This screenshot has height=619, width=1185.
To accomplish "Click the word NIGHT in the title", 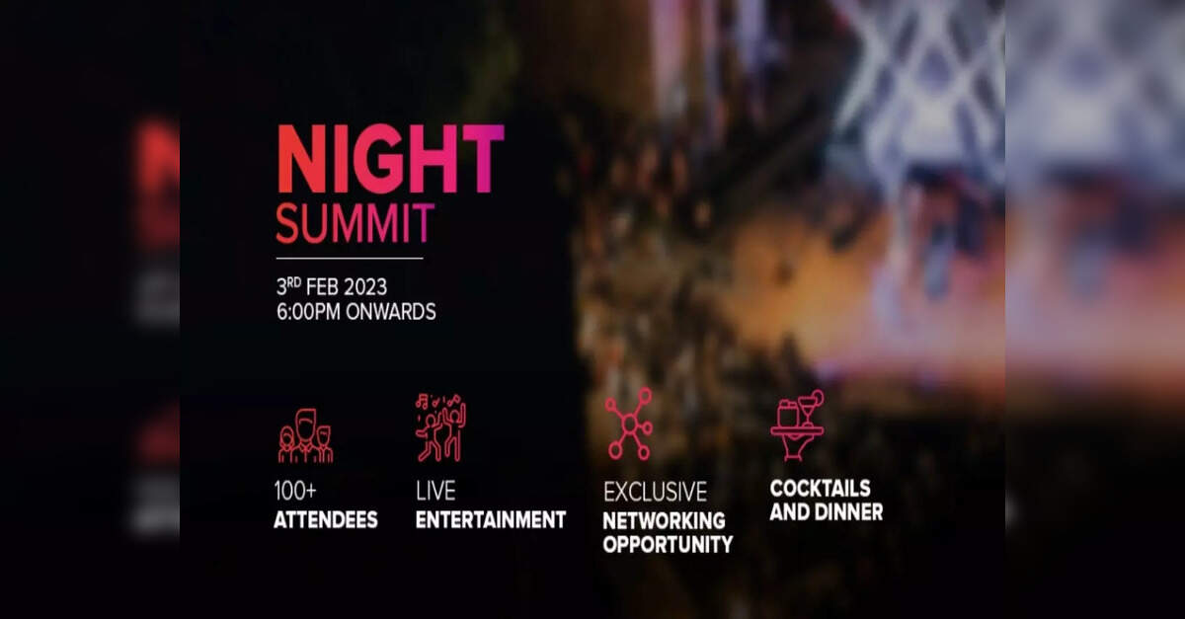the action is coord(390,159).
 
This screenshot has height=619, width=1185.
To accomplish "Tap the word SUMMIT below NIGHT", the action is coord(355,224).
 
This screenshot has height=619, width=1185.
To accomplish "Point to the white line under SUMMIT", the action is coord(350,259).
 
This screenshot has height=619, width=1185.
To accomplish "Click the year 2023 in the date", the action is coord(365,287).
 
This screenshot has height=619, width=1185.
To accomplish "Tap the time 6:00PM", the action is coord(308,312).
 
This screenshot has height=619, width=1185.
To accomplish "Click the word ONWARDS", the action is coord(391,312).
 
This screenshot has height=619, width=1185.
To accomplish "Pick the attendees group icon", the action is coord(305,436).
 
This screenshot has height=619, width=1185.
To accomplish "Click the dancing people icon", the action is coord(440,427).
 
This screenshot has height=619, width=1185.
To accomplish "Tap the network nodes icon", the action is coord(629,424).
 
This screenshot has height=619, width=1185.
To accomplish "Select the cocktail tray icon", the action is coord(797,425).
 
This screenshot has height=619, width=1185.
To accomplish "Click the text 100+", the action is coord(295,491).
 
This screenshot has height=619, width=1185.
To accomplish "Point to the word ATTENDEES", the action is coord(326,520).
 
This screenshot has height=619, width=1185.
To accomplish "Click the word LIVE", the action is coord(435,491).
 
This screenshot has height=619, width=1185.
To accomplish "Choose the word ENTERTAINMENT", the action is coord(491,520).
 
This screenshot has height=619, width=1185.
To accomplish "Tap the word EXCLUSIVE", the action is coord(656,492).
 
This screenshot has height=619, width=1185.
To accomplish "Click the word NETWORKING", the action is coord(665,521).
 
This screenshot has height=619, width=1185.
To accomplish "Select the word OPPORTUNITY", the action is coord(669,544).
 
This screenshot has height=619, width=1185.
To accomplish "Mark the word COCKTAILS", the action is coord(821,489).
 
